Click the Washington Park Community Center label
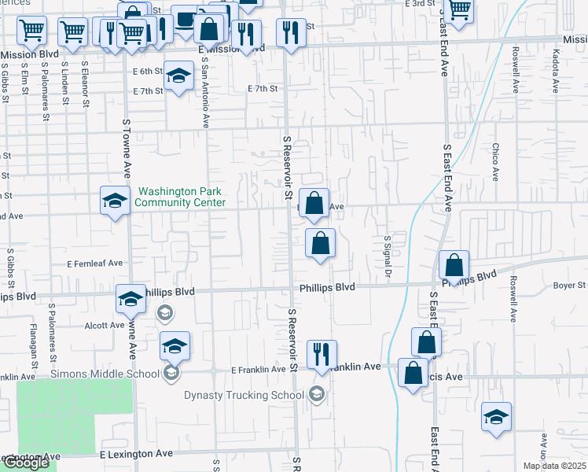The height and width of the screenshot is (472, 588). [180, 197]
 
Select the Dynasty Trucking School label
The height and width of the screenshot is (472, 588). [244, 396]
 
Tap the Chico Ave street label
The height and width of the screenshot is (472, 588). [496, 160]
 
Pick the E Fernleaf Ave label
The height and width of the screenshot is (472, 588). [95, 264]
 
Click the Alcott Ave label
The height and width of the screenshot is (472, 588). [105, 325]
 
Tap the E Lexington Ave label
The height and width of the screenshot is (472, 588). [136, 454]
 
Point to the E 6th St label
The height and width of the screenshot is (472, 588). [147, 71]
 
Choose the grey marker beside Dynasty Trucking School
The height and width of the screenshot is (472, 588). [316, 393]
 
